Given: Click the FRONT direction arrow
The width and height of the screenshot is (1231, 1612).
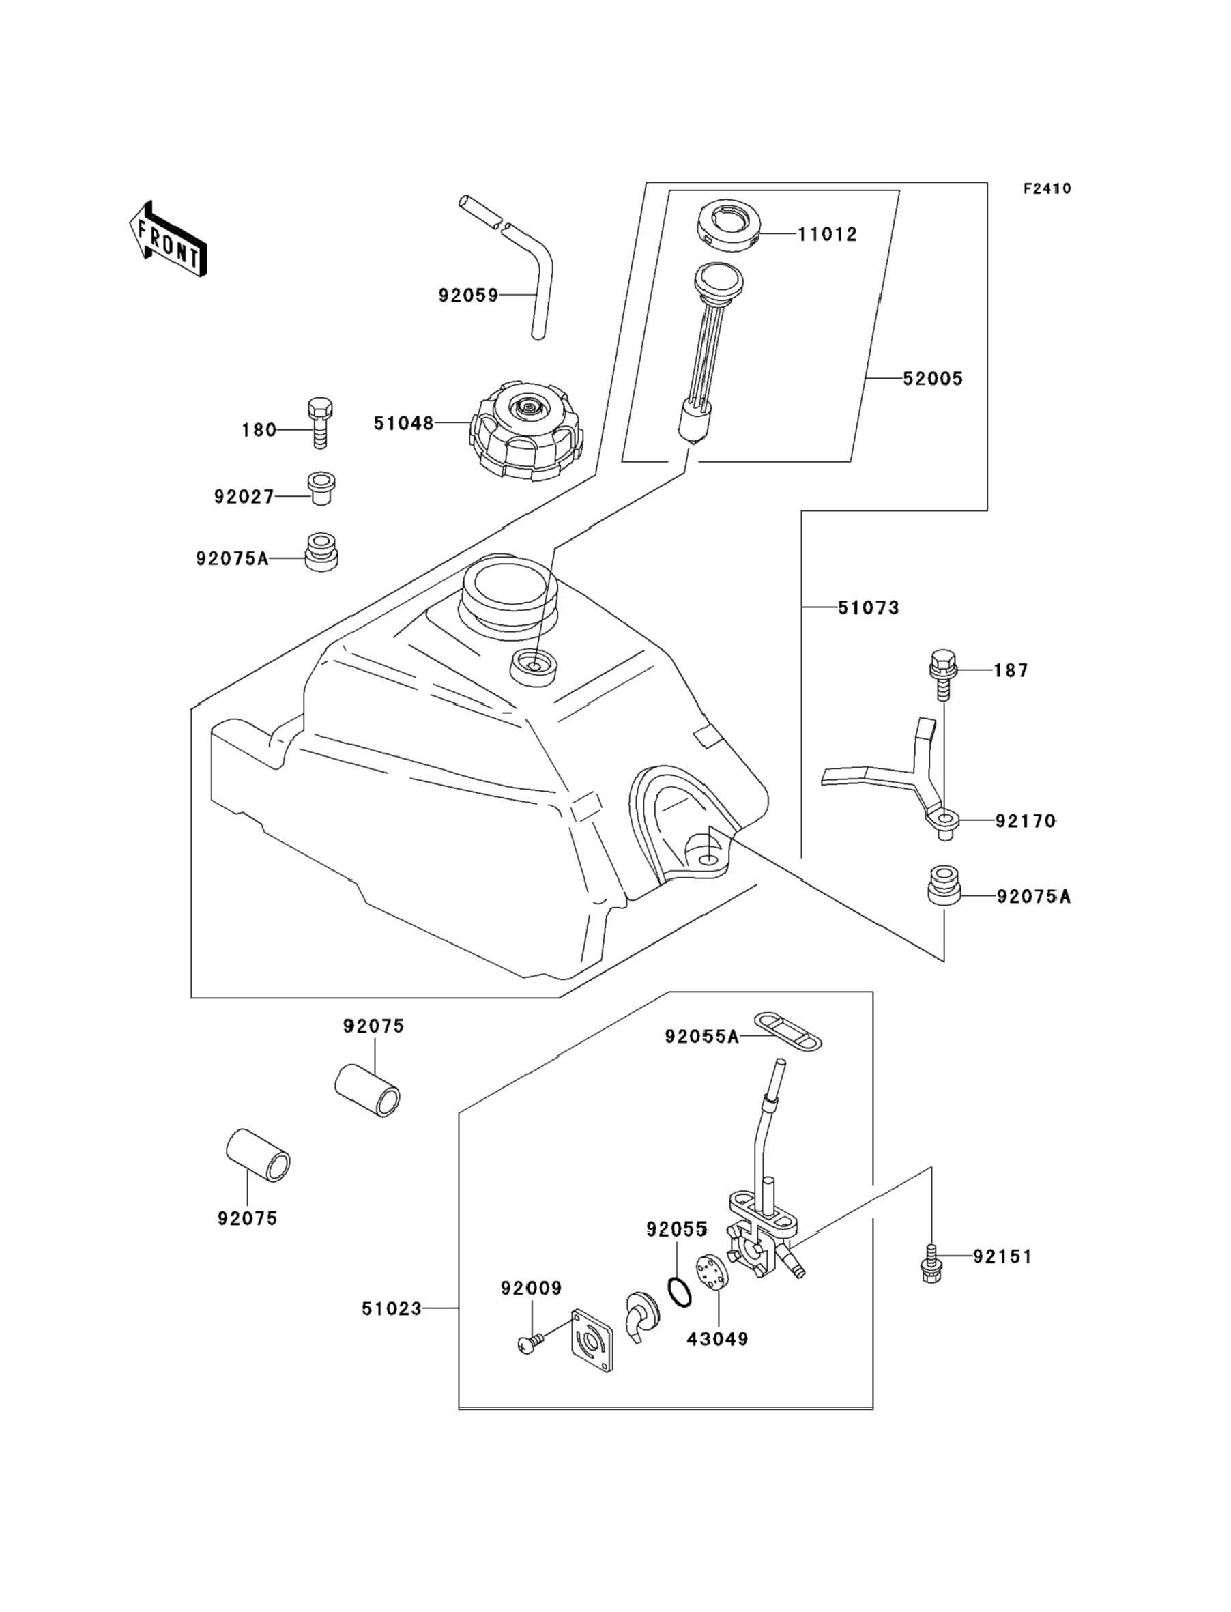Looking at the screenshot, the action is coord(168,239).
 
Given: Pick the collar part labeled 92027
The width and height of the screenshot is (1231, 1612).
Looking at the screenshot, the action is coord(321,488).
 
